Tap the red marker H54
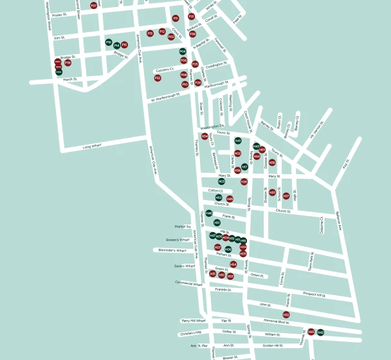pyautogui.click(x=205, y=136)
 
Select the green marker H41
pyautogui.click(x=238, y=141)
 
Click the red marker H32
pyautogui.click(x=286, y=314)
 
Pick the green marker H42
pyautogui.click(x=320, y=332)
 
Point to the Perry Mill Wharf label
pyautogui.click(x=193, y=320)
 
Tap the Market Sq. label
pyautogui.click(x=183, y=226)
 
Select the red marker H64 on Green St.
pyautogui.click(x=233, y=264)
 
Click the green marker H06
pyautogui.click(x=228, y=249)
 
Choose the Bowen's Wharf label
pyautogui.click(x=177, y=240)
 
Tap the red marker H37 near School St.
pyautogui.click(x=286, y=196)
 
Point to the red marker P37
pyautogui.click(x=94, y=5)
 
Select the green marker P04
pyautogui.click(x=183, y=51)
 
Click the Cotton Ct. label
pyautogui.click(x=215, y=190)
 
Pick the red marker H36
pyautogui.click(x=272, y=163)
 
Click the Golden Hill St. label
pyautogui.click(x=273, y=346)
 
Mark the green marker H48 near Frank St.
pyautogui.click(x=209, y=213)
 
